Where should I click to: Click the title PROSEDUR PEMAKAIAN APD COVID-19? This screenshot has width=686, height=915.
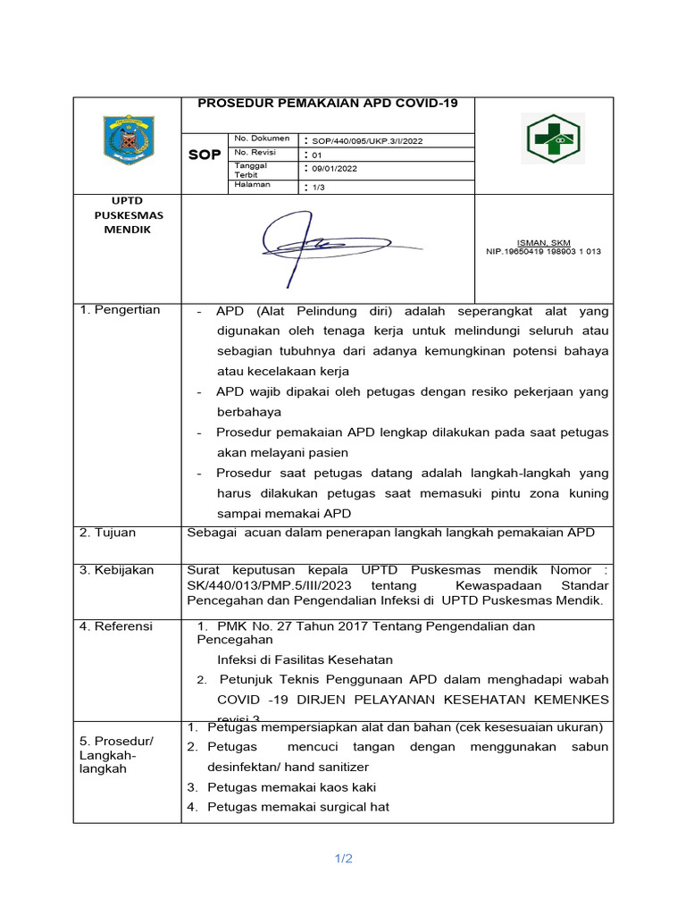[x=327, y=103]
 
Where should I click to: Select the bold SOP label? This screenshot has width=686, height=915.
[x=205, y=155]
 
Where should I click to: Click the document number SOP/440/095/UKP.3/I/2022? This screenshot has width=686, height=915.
[x=366, y=140]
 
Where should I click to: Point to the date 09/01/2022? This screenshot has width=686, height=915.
[x=333, y=169]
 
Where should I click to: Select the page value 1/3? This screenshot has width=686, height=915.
[x=318, y=188]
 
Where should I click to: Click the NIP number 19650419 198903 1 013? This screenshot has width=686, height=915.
[x=543, y=252]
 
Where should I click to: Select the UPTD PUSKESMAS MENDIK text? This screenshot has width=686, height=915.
[x=123, y=215]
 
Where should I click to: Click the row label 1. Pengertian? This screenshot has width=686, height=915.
[x=120, y=310]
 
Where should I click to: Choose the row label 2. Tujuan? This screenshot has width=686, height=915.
[x=107, y=533]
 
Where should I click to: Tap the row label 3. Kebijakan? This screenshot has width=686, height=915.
[x=116, y=570]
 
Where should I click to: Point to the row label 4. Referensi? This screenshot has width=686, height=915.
[x=116, y=626]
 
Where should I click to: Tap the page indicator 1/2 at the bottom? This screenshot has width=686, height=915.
[x=344, y=860]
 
